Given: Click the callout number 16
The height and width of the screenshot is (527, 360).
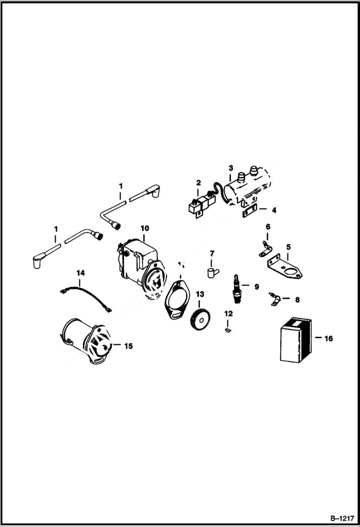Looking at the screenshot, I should coord(328,339).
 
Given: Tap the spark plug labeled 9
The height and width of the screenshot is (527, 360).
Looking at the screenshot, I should coord(236,290).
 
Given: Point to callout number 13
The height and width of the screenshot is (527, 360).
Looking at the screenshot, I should coord(199,294).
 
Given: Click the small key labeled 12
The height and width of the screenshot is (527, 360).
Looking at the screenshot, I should coord(228,330).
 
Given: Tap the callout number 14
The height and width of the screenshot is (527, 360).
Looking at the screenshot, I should coord(80,273).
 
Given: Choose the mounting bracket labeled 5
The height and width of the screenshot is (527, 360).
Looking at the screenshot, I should coord(286,267).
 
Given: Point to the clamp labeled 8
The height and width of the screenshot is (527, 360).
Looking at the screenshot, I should coord(274,301).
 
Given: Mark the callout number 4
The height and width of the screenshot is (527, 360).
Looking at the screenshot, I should coord(273,210).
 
